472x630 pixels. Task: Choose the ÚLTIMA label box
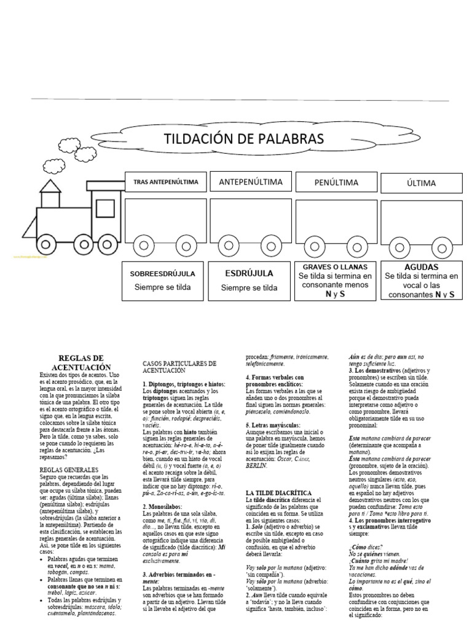(x=421, y=183)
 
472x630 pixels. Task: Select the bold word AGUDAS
(x=421, y=267)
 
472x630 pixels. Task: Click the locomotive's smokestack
(x=49, y=183)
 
